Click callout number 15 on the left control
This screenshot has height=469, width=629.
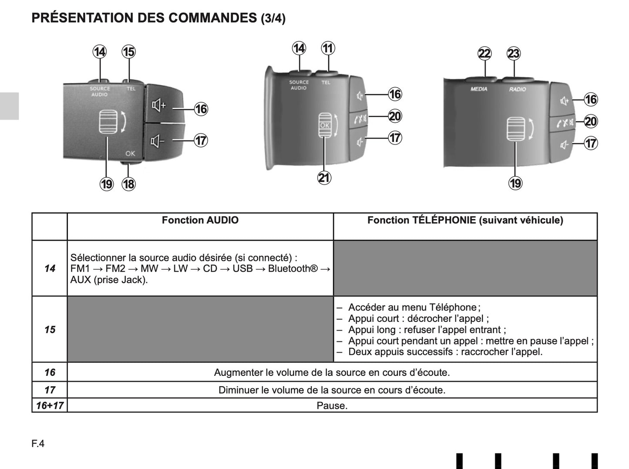128,52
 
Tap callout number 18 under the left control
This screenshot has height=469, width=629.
128,184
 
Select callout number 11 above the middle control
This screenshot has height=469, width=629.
328,48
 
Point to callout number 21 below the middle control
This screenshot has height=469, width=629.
324,178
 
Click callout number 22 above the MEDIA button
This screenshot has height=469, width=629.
484,54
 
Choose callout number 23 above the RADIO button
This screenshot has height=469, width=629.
514,54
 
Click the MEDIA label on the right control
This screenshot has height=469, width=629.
479,89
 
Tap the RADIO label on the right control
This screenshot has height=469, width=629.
518,89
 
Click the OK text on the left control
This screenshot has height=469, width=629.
130,153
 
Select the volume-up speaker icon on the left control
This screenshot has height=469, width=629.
158,105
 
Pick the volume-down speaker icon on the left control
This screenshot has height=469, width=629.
157,141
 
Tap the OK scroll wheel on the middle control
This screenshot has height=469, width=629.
325,125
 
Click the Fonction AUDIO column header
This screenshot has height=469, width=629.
200,220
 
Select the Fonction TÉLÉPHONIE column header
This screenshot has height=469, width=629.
465,220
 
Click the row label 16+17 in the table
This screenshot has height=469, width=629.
50,405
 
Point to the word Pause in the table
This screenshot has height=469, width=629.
332,406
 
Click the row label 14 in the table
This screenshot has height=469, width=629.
50,269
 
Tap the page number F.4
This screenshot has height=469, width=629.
38,444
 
